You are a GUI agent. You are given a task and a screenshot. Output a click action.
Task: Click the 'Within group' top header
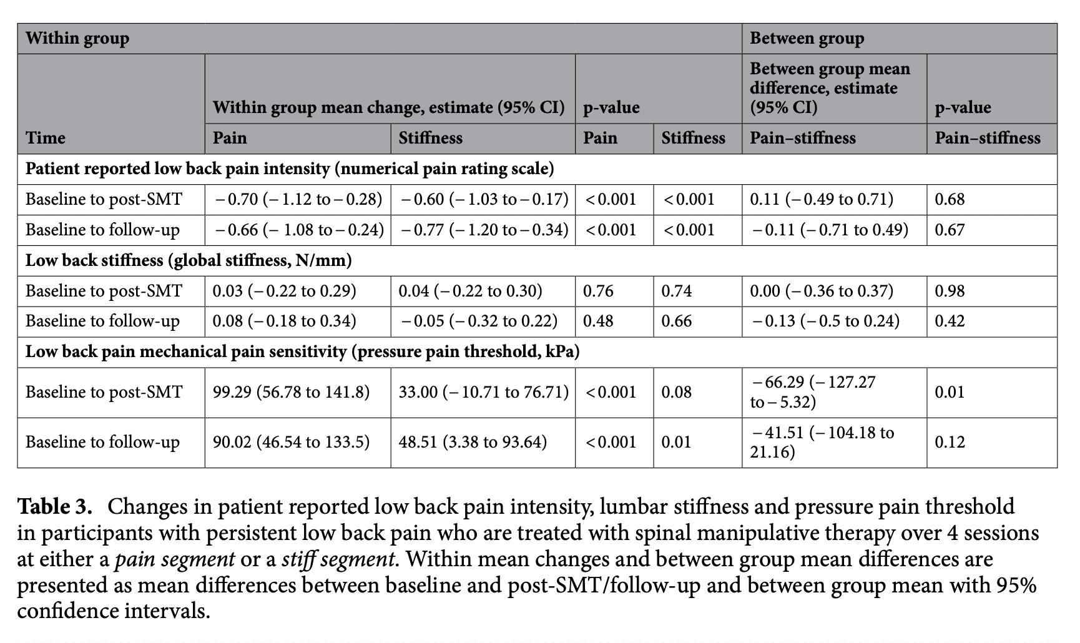tap(77, 39)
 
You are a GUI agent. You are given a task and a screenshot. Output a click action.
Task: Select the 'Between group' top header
tap(807, 39)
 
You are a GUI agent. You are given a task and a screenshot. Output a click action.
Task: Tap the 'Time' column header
tap(46, 138)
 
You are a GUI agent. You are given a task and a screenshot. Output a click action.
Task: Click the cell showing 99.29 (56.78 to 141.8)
tap(291, 392)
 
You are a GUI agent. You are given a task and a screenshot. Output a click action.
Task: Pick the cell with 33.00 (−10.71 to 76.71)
tap(484, 392)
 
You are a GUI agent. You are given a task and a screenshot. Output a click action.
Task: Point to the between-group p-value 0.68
tap(950, 199)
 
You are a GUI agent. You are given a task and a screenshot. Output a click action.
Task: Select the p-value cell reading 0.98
tap(950, 291)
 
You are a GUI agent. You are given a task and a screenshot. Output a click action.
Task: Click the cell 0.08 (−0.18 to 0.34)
tap(284, 321)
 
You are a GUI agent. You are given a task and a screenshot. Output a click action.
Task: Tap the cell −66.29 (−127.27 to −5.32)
tap(813, 392)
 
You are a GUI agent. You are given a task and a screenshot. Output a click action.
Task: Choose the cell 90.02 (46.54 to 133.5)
tap(291, 442)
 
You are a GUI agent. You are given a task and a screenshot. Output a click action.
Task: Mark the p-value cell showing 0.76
tap(598, 291)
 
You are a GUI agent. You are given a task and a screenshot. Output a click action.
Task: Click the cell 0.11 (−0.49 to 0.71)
tap(822, 199)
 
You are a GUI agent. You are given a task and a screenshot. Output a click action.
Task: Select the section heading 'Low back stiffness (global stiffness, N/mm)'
tap(189, 260)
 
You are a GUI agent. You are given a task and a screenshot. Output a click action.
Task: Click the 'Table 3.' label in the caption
tap(55, 506)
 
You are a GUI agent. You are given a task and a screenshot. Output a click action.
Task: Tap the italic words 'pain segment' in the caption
tap(175, 559)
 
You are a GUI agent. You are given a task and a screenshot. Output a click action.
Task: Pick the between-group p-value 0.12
tap(950, 442)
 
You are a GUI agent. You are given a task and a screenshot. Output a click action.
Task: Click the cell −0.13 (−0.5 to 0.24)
tap(825, 321)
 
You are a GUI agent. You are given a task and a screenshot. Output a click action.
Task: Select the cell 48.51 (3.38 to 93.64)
tap(473, 442)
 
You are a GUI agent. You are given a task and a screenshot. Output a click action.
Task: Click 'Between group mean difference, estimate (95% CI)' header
tap(830, 88)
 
